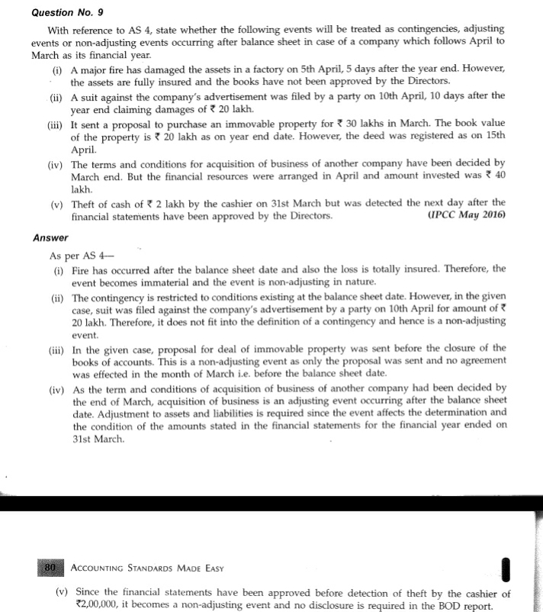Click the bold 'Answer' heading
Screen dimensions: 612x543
tap(51, 238)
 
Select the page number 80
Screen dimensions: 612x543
tap(50, 568)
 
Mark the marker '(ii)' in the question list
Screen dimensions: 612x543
tap(57, 96)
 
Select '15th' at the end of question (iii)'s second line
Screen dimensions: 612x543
tap(492, 138)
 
